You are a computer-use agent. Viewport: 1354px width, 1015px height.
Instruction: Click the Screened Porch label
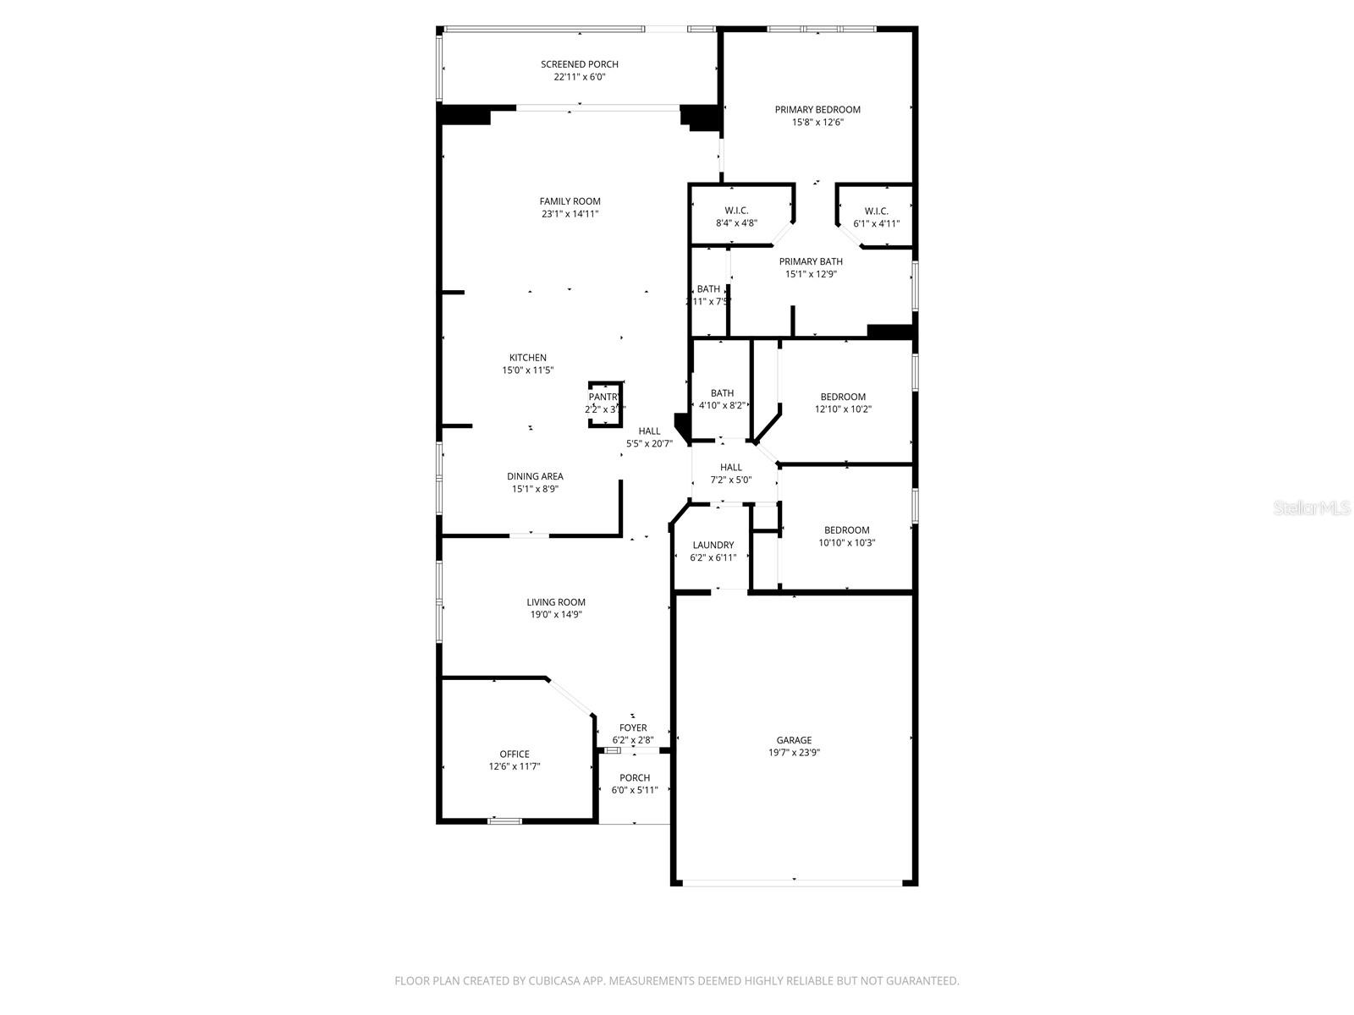click(580, 64)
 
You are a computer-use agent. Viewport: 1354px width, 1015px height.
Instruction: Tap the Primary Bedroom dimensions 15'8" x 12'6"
click(817, 122)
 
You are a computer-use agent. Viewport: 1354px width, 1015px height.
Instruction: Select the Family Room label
click(570, 201)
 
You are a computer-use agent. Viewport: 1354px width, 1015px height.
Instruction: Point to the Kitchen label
click(527, 358)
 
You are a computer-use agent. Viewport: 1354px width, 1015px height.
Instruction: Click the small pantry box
click(605, 403)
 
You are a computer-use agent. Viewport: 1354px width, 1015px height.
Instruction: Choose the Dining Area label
click(535, 476)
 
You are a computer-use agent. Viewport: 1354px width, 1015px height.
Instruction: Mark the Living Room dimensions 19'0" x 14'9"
click(556, 615)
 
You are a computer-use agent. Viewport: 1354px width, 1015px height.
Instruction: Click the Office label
click(515, 754)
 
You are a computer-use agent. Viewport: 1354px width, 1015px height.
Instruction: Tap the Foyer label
click(633, 727)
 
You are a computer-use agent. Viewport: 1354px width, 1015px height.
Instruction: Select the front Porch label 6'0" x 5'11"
click(635, 778)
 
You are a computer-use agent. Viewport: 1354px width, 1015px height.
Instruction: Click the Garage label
click(794, 740)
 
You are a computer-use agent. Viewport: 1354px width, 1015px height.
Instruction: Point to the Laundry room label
click(713, 545)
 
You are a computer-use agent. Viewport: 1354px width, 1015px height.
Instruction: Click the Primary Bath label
click(811, 261)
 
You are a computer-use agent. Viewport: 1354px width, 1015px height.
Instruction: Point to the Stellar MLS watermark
click(1313, 508)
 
